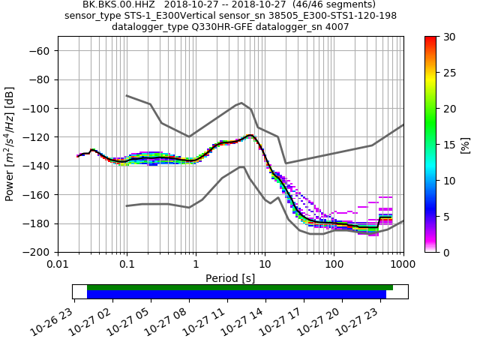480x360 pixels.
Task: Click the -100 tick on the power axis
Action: click(37, 108)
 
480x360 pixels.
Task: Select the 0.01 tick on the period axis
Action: click(58, 259)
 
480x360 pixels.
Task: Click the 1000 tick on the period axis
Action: click(403, 259)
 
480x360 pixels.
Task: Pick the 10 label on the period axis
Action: click(265, 259)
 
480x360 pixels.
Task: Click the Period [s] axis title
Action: click(230, 278)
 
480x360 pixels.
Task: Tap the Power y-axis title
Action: click(10, 144)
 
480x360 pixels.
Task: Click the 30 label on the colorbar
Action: click(448, 37)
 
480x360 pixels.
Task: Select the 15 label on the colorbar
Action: click(448, 144)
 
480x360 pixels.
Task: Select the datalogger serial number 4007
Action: click(336, 27)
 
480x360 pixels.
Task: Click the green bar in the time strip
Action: click(240, 287)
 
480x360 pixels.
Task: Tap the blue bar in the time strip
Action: click(236, 295)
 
